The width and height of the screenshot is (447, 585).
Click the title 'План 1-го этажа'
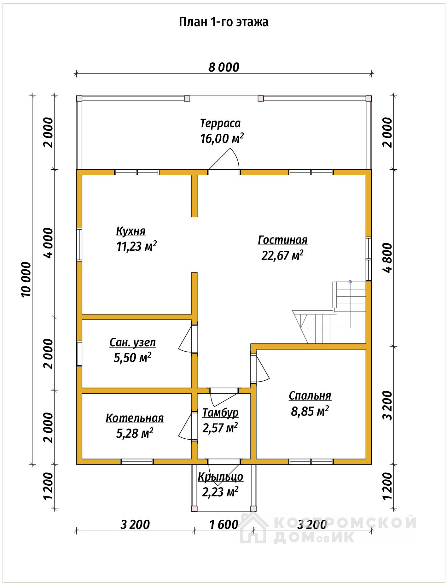pyautogui.click(x=223, y=22)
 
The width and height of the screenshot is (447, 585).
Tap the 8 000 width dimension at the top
pyautogui.click(x=224, y=67)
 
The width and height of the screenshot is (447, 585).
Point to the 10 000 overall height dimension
pyautogui.click(x=27, y=279)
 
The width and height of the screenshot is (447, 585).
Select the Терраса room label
pyautogui.click(x=220, y=123)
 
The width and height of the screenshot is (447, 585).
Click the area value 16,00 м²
pyautogui.click(x=222, y=138)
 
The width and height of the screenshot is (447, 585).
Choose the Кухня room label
pyautogui.click(x=131, y=231)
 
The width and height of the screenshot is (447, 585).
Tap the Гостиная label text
pyautogui.click(x=283, y=240)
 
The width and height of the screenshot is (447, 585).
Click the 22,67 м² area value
pyautogui.click(x=282, y=255)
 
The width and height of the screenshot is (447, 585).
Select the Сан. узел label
pyautogui.click(x=133, y=342)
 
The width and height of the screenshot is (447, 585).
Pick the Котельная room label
pyautogui.click(x=135, y=418)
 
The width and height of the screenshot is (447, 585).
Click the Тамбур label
pyautogui.click(x=220, y=413)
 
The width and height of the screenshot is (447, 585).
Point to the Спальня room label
pyautogui.click(x=310, y=396)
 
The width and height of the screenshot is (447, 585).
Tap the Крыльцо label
pyautogui.click(x=221, y=477)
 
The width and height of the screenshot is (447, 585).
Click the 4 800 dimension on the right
pyautogui.click(x=388, y=257)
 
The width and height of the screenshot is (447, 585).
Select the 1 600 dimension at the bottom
pyautogui.click(x=224, y=525)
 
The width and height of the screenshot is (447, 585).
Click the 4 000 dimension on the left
pyautogui.click(x=49, y=243)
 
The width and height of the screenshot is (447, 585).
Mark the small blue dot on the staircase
pyautogui.click(x=350, y=282)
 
